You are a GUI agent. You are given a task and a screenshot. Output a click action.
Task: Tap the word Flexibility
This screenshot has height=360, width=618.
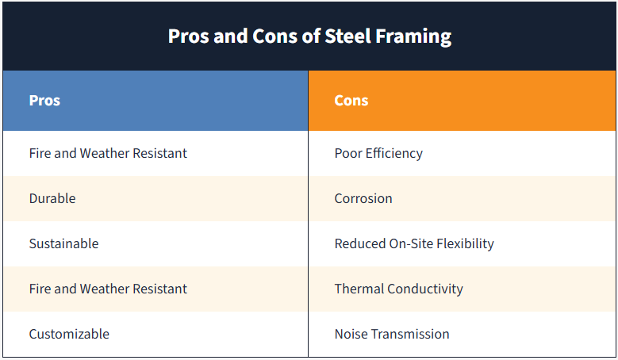point(463,243)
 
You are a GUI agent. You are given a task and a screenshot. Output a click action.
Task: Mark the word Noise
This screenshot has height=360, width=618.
point(351,334)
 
